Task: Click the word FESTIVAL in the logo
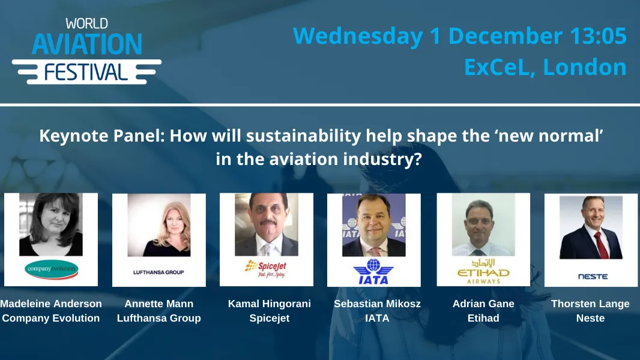click(x=86, y=72)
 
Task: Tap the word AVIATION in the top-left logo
click(x=87, y=44)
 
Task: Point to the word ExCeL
click(x=500, y=67)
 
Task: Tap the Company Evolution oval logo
click(x=51, y=269)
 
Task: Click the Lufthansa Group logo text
click(x=158, y=272)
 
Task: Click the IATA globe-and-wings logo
click(x=373, y=271)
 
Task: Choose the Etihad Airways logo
click(x=483, y=272)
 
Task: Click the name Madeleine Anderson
click(x=51, y=304)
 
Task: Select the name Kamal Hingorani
click(x=270, y=304)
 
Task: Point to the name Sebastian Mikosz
click(x=377, y=304)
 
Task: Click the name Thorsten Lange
click(x=590, y=304)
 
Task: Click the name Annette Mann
click(x=158, y=304)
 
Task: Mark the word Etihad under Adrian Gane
click(x=483, y=318)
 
